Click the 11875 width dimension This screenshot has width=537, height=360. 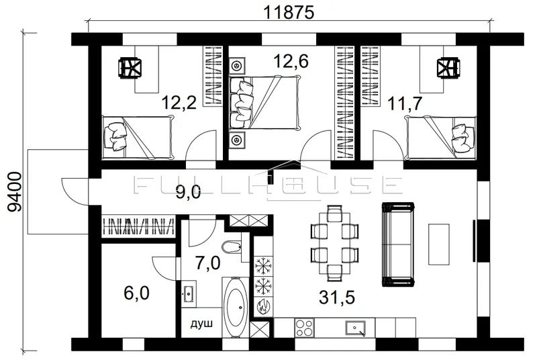(289, 13)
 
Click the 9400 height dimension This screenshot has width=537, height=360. (14, 192)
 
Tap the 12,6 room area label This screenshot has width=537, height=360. (291, 60)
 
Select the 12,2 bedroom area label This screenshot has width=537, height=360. (179, 102)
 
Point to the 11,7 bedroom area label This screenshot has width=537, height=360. (405, 103)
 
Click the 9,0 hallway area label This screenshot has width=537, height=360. (188, 193)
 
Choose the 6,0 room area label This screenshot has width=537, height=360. (136, 293)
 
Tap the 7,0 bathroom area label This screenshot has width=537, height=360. (208, 263)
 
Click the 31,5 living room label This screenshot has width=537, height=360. (337, 297)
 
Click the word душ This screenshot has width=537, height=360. (202, 323)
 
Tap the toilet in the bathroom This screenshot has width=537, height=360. (231, 246)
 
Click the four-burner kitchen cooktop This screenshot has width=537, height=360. (304, 328)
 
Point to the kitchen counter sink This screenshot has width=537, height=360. (355, 328)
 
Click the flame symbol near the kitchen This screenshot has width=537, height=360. (263, 306)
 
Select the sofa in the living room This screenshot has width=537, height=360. (398, 244)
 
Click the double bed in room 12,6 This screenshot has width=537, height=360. (264, 103)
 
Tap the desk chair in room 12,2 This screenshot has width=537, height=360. (130, 67)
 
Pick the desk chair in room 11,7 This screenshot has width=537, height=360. (448, 67)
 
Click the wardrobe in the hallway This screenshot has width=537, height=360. (138, 226)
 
